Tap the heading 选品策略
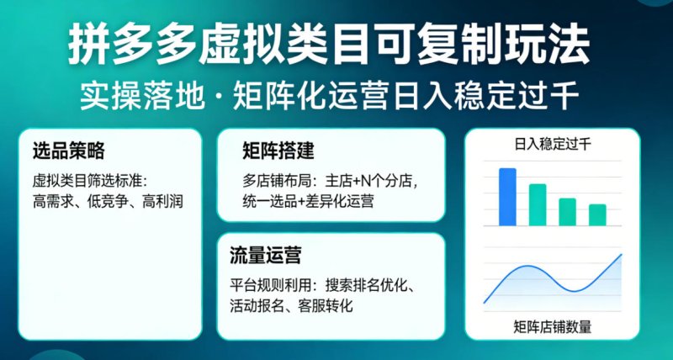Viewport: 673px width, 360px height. tap(68, 151)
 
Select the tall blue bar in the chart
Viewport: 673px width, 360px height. tap(507, 197)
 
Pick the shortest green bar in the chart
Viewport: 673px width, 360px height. tap(597, 214)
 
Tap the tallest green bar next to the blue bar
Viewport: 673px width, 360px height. tap(538, 204)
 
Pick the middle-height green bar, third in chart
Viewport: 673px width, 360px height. tap(568, 211)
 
